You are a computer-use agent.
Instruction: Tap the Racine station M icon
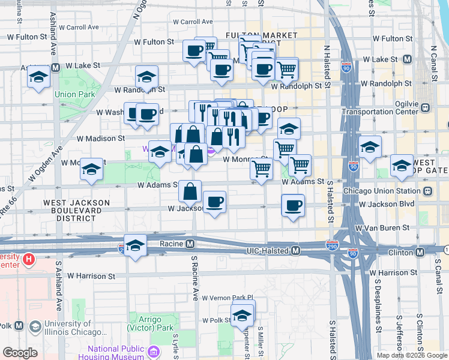tap(190, 244)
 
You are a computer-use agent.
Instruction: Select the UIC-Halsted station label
tap(268, 251)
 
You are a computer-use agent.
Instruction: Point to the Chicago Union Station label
tap(382, 191)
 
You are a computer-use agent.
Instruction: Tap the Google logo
tap(19, 353)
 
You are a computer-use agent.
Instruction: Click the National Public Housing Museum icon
tap(154, 350)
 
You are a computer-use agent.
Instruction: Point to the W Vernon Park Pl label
tap(228, 298)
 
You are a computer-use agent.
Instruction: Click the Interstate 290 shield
tap(332, 246)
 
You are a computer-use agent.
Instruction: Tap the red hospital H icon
tap(28, 260)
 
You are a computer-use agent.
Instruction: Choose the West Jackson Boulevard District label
tap(76, 207)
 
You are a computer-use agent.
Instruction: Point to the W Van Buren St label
tap(382, 228)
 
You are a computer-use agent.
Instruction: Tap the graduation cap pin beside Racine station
tap(136, 245)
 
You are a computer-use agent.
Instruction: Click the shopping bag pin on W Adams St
tap(190, 191)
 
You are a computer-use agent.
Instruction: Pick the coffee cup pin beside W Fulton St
tap(194, 51)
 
